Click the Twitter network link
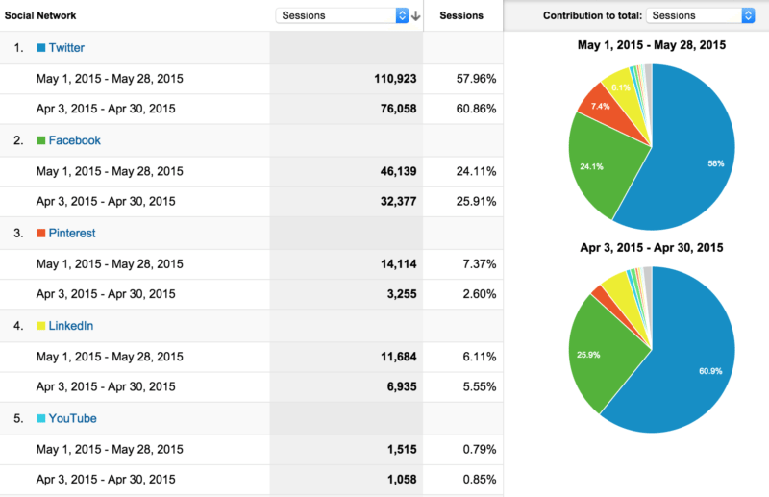click(65, 47)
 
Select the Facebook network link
click(74, 140)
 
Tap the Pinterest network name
click(72, 233)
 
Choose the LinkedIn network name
click(71, 326)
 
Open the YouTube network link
click(72, 419)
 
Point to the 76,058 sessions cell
click(395, 108)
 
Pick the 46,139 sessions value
click(395, 170)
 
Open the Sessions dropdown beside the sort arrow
click(342, 15)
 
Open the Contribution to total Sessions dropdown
click(701, 15)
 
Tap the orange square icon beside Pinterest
click(40, 234)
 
